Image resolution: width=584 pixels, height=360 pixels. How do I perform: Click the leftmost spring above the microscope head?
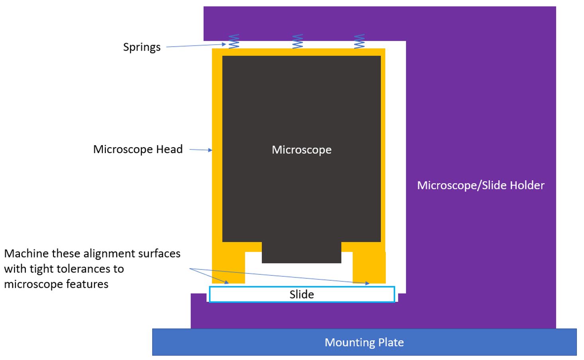[234, 41]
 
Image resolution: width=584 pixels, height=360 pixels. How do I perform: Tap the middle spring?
[297, 41]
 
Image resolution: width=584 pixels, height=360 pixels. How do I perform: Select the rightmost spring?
[359, 41]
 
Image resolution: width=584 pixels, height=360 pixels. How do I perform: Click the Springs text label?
[142, 47]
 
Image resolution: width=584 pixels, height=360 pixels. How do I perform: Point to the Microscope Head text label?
[138, 149]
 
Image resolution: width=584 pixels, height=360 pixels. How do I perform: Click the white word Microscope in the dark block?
[301, 150]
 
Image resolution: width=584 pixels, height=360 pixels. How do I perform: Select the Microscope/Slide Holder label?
[480, 185]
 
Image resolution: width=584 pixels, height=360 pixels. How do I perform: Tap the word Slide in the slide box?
[301, 294]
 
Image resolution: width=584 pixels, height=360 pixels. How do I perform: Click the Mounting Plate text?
[364, 342]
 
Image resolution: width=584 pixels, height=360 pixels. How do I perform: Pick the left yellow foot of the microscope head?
[228, 267]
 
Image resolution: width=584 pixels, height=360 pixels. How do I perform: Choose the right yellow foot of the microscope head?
[369, 267]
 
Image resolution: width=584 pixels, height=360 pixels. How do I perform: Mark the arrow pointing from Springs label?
[195, 45]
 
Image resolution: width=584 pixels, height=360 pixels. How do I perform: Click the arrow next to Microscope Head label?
[201, 150]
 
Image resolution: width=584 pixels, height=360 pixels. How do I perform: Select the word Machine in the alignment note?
[27, 254]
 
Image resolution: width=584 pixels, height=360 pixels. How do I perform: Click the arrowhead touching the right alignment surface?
[367, 283]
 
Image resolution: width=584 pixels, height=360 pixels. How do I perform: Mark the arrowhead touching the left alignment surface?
[227, 282]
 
